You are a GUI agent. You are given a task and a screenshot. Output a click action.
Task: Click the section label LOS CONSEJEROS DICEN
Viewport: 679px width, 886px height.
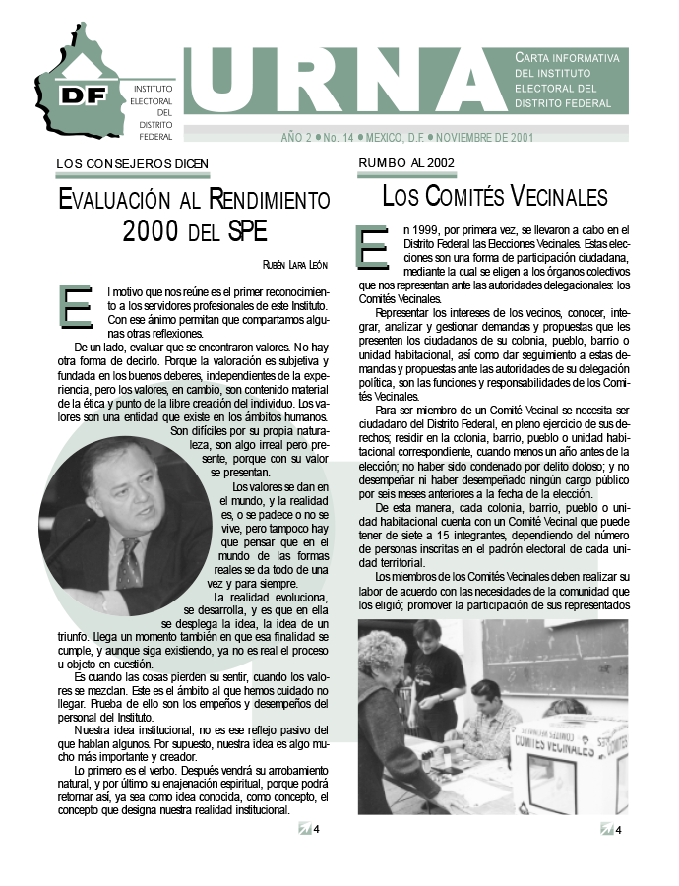point(133,163)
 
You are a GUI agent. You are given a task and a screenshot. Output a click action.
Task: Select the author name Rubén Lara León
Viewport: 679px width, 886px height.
point(295,264)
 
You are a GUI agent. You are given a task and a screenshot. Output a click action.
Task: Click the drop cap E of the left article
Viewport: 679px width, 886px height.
point(76,305)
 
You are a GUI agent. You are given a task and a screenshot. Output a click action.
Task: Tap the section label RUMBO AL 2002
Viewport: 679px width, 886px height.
point(406,163)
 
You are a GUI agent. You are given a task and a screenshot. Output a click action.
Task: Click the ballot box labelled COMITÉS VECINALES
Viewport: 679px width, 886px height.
point(570,758)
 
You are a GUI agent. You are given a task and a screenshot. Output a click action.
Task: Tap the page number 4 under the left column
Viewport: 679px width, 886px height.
point(315,829)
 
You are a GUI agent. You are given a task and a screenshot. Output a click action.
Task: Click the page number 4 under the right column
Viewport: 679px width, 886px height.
point(618,830)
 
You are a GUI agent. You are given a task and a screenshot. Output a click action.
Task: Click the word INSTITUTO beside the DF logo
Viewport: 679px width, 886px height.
point(154,89)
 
